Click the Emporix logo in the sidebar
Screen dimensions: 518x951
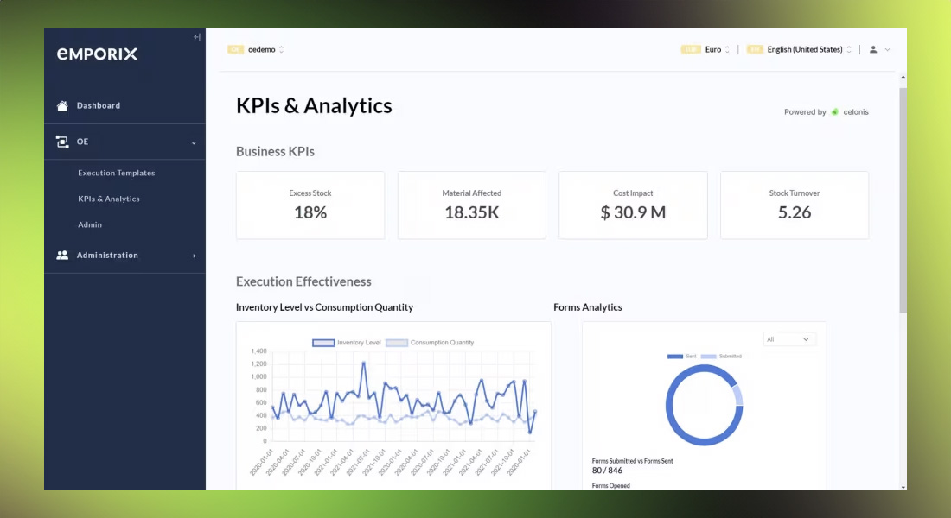(x=97, y=54)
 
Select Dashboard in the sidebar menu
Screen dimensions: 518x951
(x=98, y=105)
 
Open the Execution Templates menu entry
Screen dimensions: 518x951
(x=116, y=173)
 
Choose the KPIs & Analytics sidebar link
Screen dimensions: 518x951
(x=108, y=199)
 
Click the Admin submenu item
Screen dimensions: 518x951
(x=90, y=224)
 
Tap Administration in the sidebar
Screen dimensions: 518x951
(x=107, y=256)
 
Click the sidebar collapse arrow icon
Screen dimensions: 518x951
(x=196, y=37)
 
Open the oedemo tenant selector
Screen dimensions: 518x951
(x=262, y=49)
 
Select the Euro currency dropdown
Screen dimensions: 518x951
(x=714, y=49)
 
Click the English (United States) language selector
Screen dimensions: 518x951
(x=805, y=49)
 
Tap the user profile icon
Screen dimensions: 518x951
(x=873, y=49)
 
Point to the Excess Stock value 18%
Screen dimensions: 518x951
(x=310, y=212)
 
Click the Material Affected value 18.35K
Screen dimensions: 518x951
(x=471, y=212)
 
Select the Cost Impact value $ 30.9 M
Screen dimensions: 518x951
(x=633, y=212)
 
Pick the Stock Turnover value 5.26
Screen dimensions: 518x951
(x=795, y=212)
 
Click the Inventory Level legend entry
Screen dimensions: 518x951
(x=347, y=343)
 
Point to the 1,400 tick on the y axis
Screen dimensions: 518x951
(x=258, y=351)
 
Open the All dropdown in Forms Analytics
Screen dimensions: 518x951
(x=789, y=339)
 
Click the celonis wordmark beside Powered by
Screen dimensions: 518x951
(x=856, y=112)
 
